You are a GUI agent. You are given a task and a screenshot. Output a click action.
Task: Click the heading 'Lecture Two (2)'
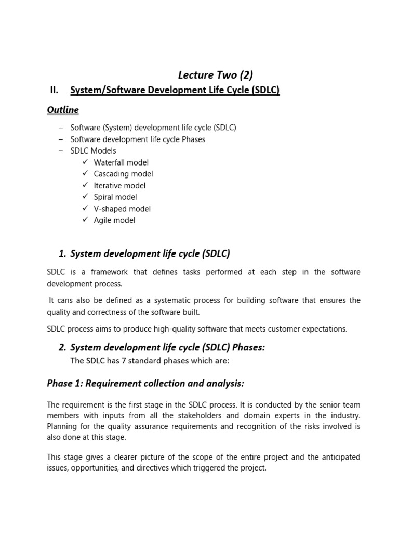(215, 74)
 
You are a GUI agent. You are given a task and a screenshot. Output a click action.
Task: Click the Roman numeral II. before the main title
(54, 90)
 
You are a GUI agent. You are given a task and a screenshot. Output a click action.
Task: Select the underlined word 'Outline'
(63, 110)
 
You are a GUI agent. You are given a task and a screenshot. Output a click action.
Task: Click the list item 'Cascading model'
(123, 174)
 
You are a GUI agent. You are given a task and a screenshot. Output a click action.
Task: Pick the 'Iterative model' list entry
(119, 185)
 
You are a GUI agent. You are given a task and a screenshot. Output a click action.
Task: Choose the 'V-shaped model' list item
(122, 209)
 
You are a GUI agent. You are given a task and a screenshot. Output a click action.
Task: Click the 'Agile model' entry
(114, 220)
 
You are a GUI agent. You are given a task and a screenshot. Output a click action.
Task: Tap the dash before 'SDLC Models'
(61, 151)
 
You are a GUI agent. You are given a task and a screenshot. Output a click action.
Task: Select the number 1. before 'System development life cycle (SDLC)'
(62, 254)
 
